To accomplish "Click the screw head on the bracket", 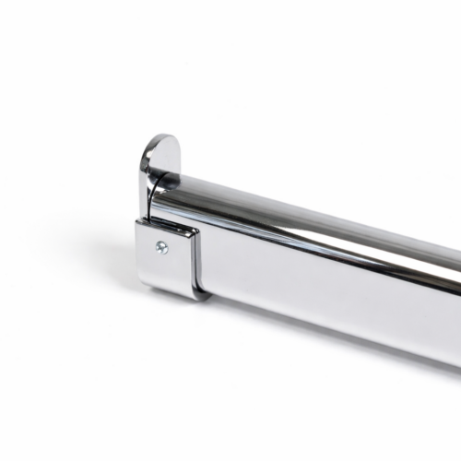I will pos(162,246).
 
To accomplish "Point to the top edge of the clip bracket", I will pos(171,224).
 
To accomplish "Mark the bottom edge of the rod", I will pos(323,337).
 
